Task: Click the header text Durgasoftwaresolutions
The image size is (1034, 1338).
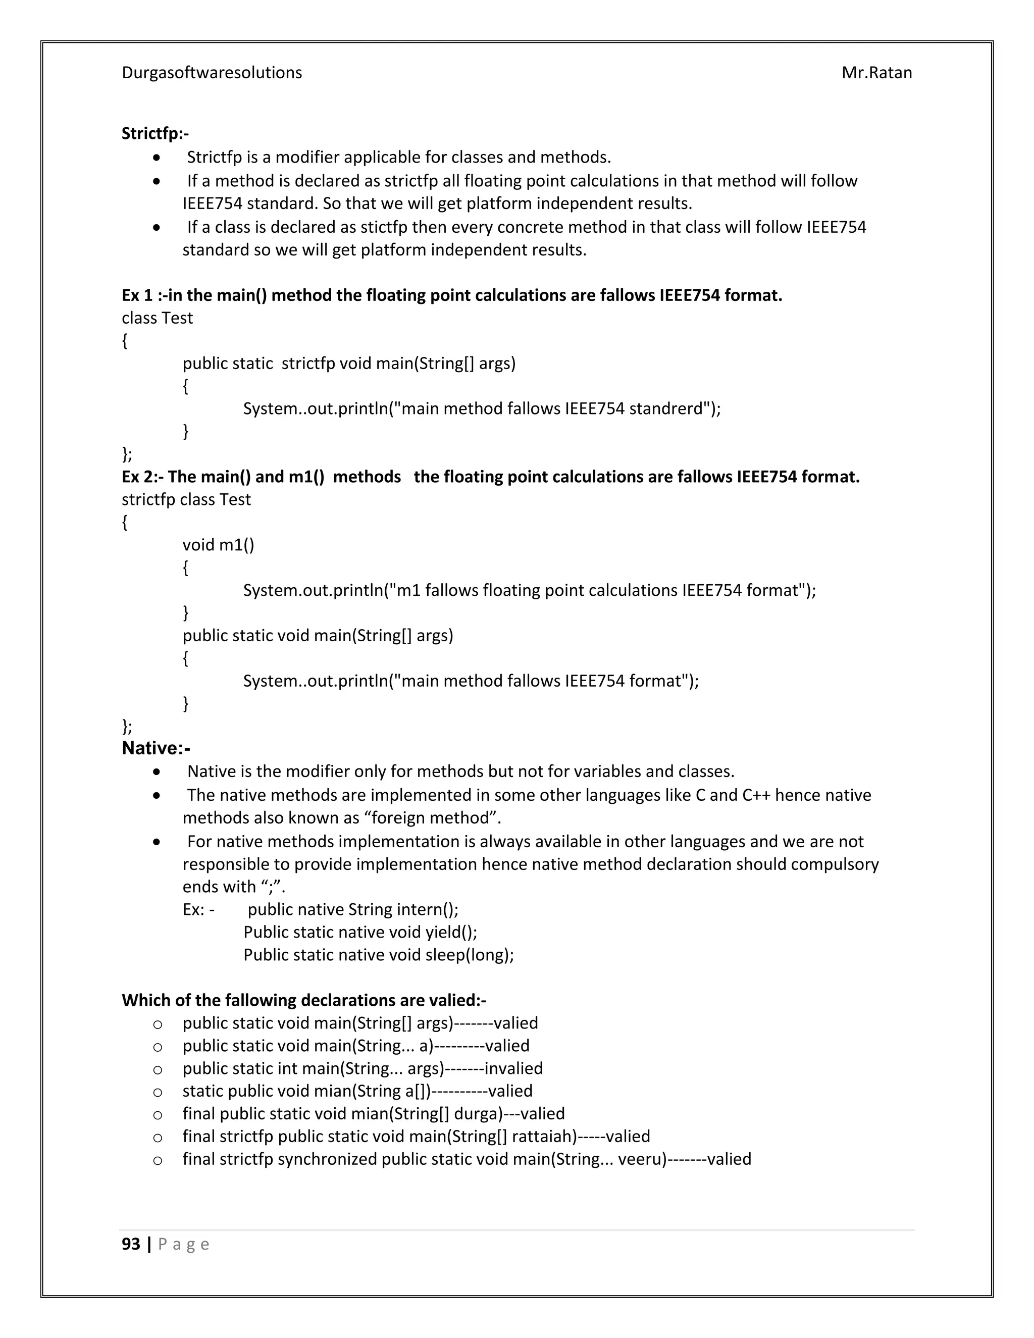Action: (212, 73)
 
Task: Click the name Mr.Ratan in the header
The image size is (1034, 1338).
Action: (876, 73)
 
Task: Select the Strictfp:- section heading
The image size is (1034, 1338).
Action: (155, 134)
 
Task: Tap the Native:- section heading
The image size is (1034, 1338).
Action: (156, 748)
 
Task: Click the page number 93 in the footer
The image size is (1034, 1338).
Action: (131, 1244)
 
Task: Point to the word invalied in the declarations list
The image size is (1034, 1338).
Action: (513, 1068)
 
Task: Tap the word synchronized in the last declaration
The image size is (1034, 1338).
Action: (327, 1159)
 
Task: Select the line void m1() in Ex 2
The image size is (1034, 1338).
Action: (218, 545)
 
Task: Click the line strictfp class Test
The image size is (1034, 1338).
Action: (186, 499)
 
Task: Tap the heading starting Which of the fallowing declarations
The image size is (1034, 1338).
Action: (304, 1000)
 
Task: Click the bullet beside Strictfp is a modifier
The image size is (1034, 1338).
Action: (158, 158)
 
